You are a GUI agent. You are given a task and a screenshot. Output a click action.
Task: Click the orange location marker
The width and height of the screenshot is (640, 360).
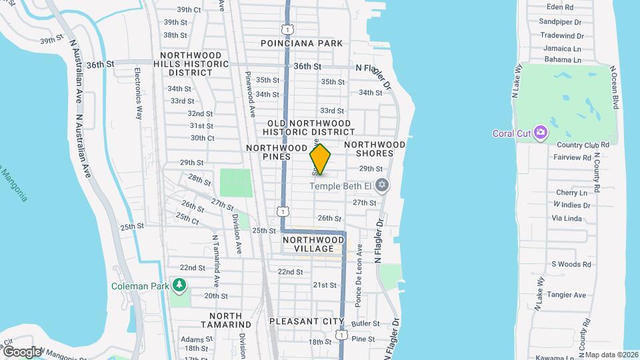pyautogui.click(x=320, y=159)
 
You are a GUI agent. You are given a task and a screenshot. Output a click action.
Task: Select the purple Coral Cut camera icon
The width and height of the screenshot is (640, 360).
pyautogui.click(x=541, y=133)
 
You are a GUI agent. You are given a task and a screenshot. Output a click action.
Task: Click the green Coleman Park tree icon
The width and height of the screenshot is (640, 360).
pyautogui.click(x=179, y=285)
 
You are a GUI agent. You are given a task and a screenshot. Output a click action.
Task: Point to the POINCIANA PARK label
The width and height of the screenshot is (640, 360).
pyautogui.click(x=301, y=43)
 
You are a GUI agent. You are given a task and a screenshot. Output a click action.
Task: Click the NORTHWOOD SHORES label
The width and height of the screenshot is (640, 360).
pyautogui.click(x=375, y=149)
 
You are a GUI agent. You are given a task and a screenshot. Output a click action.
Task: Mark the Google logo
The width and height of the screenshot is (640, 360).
pyautogui.click(x=21, y=352)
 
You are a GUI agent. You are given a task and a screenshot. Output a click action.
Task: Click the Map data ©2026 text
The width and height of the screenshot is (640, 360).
pyautogui.click(x=611, y=355)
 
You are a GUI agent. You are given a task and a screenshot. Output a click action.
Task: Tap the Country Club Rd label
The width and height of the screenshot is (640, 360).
pyautogui.click(x=583, y=145)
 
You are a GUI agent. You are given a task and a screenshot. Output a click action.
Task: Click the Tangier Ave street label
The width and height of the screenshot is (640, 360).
pyautogui.click(x=566, y=295)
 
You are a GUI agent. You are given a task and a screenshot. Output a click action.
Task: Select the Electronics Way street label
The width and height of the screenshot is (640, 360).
pyautogui.click(x=139, y=93)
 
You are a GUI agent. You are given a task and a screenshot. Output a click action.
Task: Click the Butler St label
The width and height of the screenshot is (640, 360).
pyautogui.click(x=365, y=323)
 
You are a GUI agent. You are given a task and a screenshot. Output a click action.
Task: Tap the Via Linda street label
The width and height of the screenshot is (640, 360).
pyautogui.click(x=567, y=218)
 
